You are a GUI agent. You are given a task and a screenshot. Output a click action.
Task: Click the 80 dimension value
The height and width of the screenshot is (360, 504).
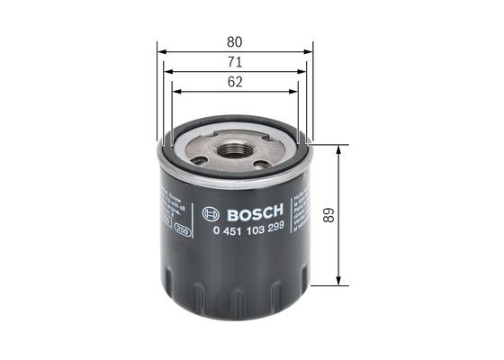235,41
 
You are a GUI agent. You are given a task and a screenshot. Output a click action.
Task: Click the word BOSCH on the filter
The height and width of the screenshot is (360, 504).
256,213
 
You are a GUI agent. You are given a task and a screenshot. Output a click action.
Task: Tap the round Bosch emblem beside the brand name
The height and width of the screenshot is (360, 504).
211,213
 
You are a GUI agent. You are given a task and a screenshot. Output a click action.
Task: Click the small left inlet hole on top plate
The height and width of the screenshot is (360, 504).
199,160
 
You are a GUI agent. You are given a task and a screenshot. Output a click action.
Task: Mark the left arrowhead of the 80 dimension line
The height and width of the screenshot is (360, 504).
160,51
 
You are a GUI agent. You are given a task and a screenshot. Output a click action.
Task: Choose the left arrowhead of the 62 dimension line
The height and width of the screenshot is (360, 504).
175,91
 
